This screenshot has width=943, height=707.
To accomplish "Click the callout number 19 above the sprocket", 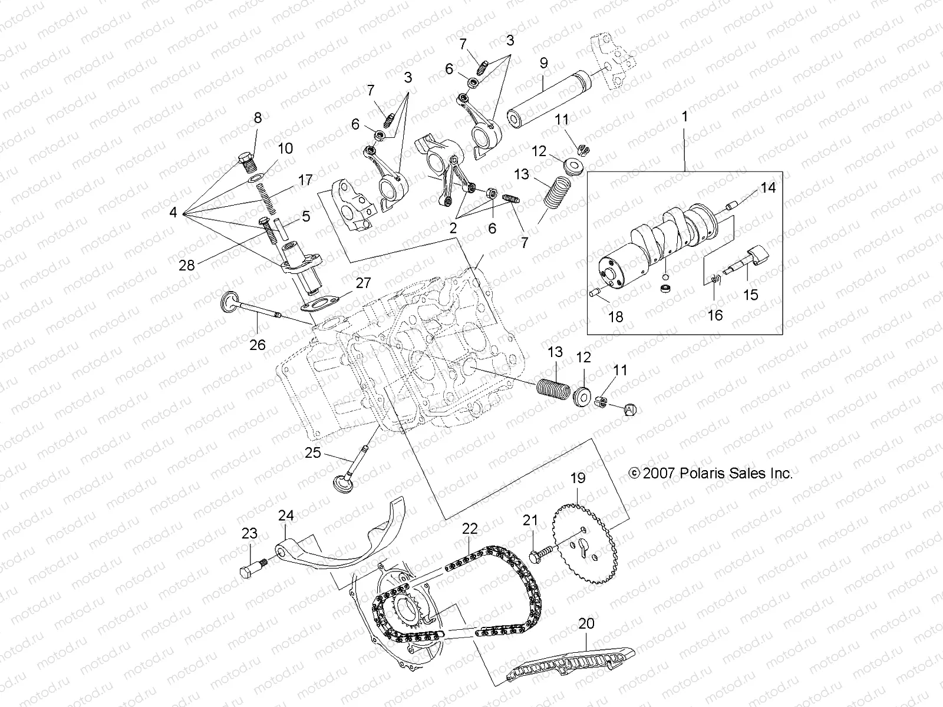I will click(x=578, y=478).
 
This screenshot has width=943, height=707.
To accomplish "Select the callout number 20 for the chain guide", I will click(x=586, y=623).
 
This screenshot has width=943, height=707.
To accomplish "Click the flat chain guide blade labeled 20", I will click(x=572, y=665).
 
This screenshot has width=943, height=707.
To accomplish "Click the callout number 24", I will click(x=286, y=516).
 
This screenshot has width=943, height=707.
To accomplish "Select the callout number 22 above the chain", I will click(x=470, y=528).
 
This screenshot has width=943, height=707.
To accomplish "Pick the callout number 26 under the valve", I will click(x=258, y=345).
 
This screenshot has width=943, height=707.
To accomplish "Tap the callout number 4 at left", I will click(x=173, y=212).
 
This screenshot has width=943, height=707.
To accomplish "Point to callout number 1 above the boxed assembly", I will click(x=684, y=117).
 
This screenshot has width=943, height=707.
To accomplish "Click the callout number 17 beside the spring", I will click(x=305, y=180).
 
